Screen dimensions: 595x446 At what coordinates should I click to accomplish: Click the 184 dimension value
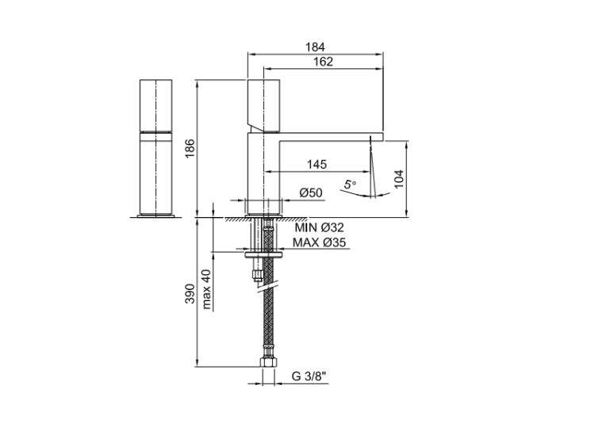click(315, 48)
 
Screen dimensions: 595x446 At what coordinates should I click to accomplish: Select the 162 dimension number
click(323, 62)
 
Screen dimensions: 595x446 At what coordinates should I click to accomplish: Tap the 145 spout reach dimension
click(317, 165)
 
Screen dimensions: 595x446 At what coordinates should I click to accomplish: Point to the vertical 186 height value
click(190, 149)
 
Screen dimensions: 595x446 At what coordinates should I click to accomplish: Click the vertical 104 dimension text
click(399, 179)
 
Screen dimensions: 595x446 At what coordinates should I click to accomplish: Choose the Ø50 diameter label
click(311, 193)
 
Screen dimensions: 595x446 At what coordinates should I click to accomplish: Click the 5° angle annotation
click(350, 185)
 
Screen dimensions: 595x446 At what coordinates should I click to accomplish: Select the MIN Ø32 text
click(319, 227)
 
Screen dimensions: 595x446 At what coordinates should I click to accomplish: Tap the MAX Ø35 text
click(319, 242)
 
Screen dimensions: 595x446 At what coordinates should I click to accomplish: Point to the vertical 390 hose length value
click(190, 294)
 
